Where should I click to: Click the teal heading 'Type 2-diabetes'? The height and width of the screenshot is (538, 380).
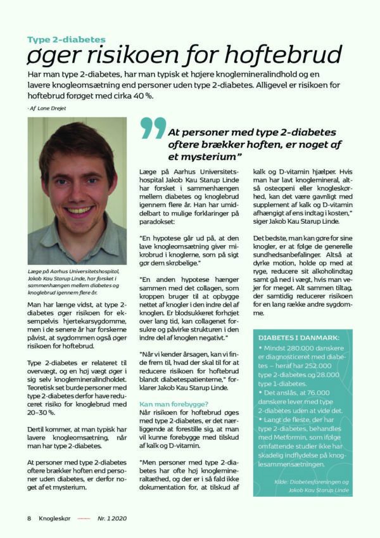[x=66, y=39]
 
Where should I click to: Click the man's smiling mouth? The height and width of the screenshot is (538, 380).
[x=78, y=209]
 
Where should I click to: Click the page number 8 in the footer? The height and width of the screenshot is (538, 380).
[x=29, y=518]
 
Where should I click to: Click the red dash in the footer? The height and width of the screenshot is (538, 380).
[x=84, y=518]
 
